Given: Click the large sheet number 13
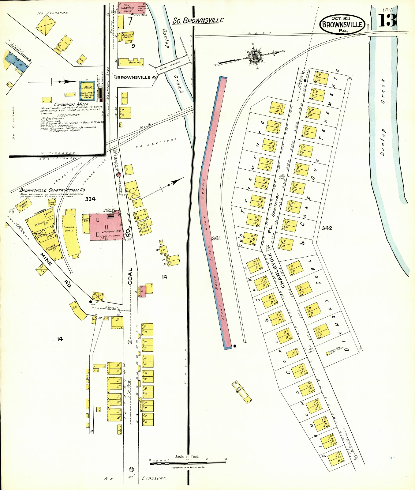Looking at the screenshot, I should (387, 21).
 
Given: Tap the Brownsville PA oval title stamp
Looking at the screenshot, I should (342, 24).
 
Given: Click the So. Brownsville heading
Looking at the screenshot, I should (198, 21).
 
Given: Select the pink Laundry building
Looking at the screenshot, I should (107, 227).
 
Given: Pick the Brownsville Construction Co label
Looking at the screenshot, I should (52, 190).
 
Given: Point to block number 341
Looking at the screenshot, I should (216, 238).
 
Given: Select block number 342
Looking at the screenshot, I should (327, 228).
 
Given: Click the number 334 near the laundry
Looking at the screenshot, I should (90, 199).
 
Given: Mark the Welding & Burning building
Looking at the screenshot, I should (127, 36).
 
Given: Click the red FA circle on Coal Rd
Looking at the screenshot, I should (119, 174).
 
